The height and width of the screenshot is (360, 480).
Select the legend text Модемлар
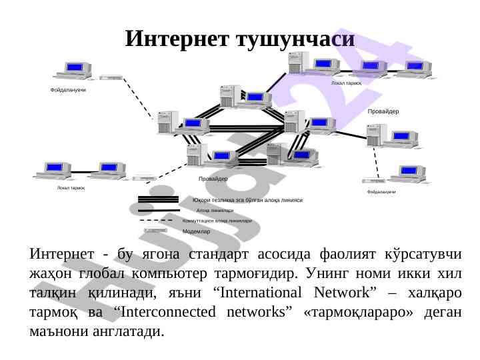click(x=197, y=231)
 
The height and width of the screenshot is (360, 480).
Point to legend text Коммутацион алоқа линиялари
click(x=217, y=220)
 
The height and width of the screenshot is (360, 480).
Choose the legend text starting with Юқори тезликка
click(x=247, y=200)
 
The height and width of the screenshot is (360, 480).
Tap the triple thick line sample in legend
click(x=157, y=199)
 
